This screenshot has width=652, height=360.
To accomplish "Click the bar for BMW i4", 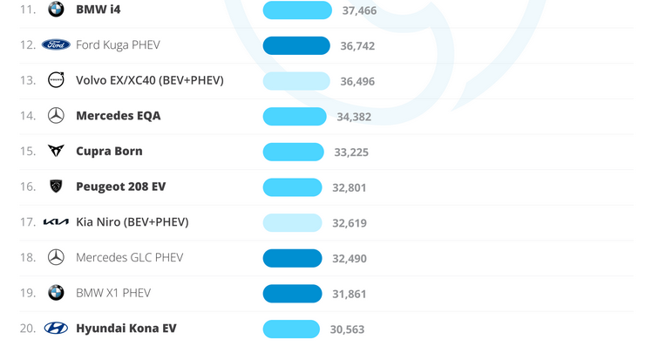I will click(297, 10).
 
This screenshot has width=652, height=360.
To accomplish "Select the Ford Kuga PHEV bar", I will click(296, 45).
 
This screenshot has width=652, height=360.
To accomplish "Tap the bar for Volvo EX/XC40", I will click(296, 81).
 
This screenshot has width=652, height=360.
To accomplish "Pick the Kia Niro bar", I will click(292, 222).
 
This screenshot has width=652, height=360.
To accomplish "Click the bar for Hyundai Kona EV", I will click(291, 329).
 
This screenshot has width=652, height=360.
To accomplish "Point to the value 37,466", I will click(359, 10).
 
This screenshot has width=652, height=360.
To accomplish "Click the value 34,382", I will click(354, 117).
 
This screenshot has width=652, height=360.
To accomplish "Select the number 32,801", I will click(350, 187).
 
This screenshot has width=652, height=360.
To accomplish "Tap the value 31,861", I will click(350, 294).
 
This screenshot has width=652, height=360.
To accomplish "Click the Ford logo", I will click(56, 44).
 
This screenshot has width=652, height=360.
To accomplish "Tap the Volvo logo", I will click(56, 80).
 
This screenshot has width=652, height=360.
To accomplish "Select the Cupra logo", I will click(56, 151).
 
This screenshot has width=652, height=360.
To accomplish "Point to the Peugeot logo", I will click(56, 187).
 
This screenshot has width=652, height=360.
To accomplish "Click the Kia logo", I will click(56, 222).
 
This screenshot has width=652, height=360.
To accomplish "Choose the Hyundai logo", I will click(56, 329).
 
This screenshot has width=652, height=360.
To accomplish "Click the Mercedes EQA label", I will click(118, 116).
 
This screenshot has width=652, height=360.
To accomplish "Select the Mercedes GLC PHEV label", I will click(129, 257).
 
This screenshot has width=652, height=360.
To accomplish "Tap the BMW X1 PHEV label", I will click(113, 293).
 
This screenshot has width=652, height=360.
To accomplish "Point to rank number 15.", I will click(28, 152).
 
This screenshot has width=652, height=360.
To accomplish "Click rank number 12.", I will click(28, 45).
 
